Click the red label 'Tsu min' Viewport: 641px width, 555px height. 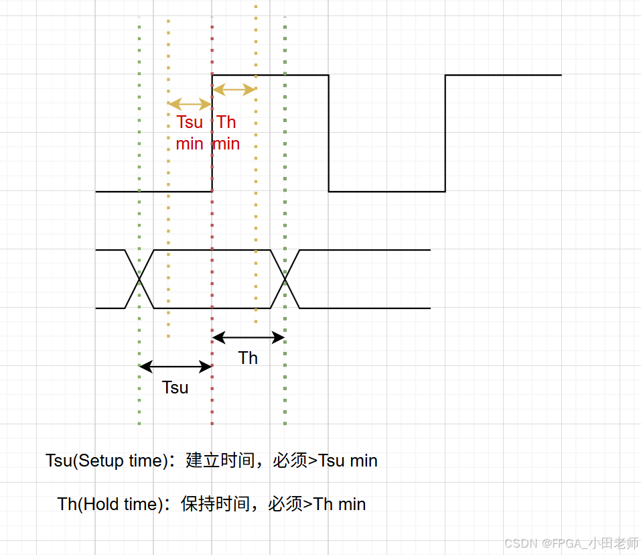[x=190, y=133]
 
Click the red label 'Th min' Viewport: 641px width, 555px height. [x=226, y=133]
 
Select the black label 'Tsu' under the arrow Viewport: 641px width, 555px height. [x=175, y=387]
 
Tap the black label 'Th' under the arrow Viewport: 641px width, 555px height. [x=248, y=358]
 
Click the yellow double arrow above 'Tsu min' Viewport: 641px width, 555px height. [x=190, y=104]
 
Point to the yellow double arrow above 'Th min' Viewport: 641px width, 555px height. [x=234, y=89]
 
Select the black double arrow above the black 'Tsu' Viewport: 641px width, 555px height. [x=175, y=366]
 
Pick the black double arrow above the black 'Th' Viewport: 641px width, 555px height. [x=248, y=336]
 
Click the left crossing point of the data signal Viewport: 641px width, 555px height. [x=139, y=279]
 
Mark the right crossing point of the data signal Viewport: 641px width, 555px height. [x=285, y=279]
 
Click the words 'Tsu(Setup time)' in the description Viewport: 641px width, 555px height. [x=105, y=461]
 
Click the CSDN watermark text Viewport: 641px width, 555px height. [x=571, y=543]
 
